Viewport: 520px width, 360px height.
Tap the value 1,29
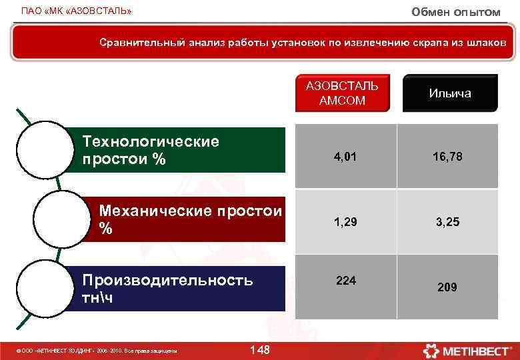tap(345, 222)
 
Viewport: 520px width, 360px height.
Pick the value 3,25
tap(447, 222)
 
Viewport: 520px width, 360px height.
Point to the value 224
tap(345, 281)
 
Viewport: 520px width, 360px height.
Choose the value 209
tap(447, 287)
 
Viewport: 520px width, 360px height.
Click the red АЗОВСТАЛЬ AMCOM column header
tap(342, 93)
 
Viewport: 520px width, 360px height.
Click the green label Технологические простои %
tap(177, 150)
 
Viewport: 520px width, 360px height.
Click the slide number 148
tap(259, 350)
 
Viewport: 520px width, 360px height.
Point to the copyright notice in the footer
tap(97, 351)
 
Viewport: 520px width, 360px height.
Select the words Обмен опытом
tap(455, 12)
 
